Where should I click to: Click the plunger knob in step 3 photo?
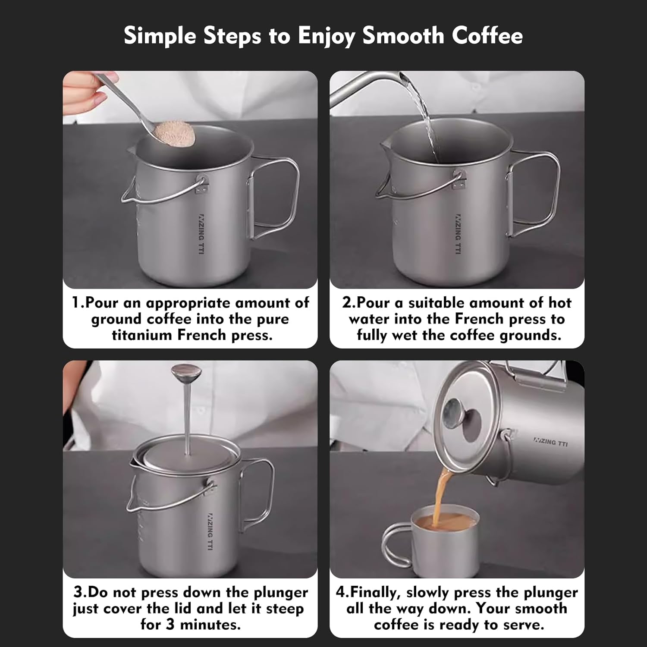[x=185, y=372]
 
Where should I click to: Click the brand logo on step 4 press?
[x=551, y=442]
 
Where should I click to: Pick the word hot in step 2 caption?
[x=559, y=303]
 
